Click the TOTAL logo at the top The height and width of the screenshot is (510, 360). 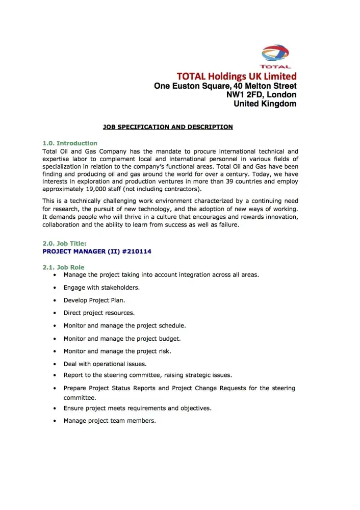click(275, 56)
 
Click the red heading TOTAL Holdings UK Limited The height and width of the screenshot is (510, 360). click(236, 76)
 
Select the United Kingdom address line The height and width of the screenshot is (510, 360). click(265, 104)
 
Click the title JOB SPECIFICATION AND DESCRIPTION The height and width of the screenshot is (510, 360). click(168, 127)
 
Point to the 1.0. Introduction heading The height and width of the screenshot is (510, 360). click(70, 143)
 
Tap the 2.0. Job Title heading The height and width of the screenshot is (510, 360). click(64, 244)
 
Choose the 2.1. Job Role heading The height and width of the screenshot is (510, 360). click(63, 267)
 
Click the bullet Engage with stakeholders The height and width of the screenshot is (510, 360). click(101, 288)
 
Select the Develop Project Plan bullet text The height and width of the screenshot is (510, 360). click(94, 300)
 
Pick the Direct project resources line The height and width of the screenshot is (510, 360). click(99, 313)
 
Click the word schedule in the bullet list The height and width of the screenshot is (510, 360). click(172, 325)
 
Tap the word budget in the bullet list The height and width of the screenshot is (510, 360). click(170, 339)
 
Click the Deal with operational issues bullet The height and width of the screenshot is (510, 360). click(105, 364)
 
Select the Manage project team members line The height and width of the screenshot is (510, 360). click(110, 421)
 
